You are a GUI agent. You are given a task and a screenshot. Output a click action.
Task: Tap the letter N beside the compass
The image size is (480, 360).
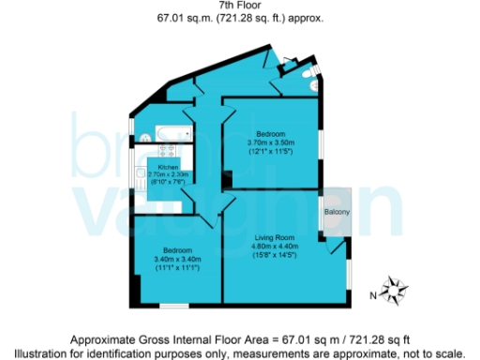(374, 295)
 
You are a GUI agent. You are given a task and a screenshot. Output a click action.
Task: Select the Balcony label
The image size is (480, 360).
(337, 213)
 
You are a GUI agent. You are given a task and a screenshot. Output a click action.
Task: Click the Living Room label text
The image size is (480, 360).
(276, 240)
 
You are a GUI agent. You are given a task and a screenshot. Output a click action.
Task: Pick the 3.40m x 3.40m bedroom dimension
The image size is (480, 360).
(178, 260)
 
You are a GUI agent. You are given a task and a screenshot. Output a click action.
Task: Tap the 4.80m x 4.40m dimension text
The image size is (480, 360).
(276, 248)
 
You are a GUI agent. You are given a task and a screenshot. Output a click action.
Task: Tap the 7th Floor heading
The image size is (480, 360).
(239, 7)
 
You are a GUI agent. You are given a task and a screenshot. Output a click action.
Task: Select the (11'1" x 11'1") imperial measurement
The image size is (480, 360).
(178, 268)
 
